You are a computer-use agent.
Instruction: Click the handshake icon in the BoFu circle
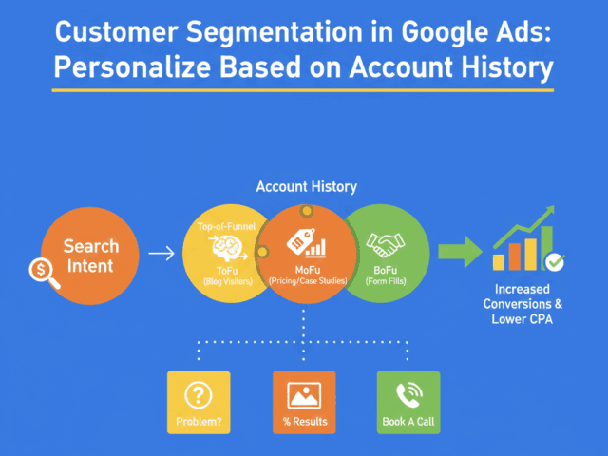point(386,247)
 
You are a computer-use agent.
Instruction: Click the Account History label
point(306,187)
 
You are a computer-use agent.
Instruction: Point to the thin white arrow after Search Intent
point(161,254)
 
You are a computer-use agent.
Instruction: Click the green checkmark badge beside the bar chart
point(554,259)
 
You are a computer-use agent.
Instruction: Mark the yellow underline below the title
point(304,91)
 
